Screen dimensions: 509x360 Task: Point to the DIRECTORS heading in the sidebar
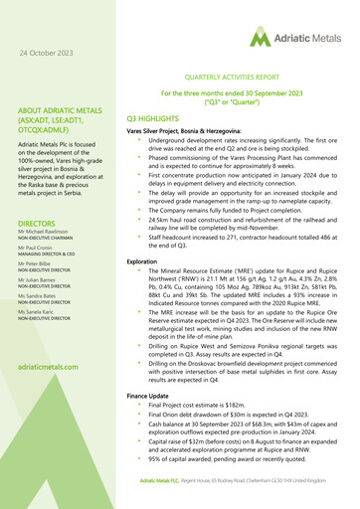[43, 225]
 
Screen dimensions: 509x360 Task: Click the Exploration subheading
[142, 260]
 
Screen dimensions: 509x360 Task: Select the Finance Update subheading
[149, 396]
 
